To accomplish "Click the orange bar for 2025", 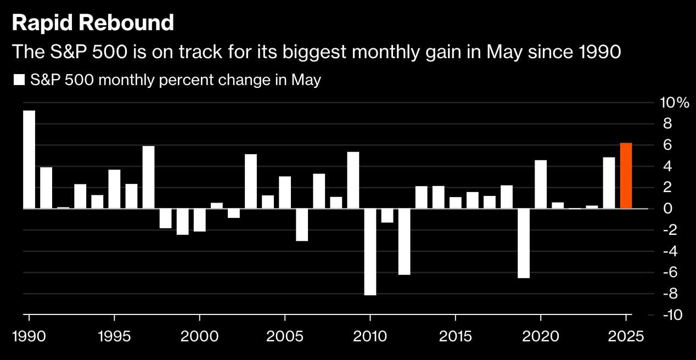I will [x=626, y=176].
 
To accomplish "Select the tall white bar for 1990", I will [x=29, y=160].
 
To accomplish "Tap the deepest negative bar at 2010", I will [x=370, y=252].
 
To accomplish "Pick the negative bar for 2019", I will [x=523, y=243].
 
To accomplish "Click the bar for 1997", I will [x=148, y=177].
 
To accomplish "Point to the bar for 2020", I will [x=540, y=184].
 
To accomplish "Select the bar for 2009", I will [x=353, y=180].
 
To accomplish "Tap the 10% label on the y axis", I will [x=674, y=103].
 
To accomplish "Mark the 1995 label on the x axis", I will [x=114, y=336].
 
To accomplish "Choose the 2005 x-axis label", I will [x=285, y=336].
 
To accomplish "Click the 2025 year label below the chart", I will [x=626, y=336].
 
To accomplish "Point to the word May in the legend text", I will [x=306, y=80].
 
